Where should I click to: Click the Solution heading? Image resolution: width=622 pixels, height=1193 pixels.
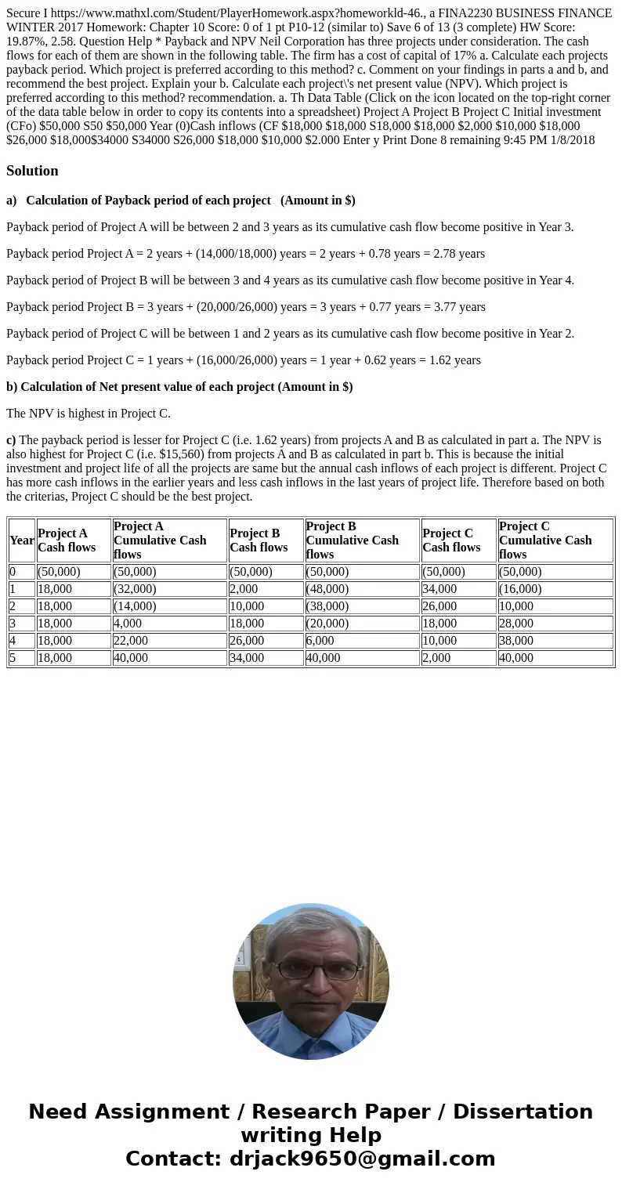point(32,171)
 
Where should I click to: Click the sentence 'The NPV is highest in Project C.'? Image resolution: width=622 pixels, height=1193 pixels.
point(88,414)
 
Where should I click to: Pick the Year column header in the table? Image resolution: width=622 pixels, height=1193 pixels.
point(22,540)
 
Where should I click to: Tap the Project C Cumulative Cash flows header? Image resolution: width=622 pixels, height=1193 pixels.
point(545,540)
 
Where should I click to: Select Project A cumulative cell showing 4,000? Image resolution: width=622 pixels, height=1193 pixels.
point(128,624)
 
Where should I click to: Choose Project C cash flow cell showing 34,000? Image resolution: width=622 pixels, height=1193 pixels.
point(439,589)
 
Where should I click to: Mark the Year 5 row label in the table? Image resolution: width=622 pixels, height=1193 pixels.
point(13,658)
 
